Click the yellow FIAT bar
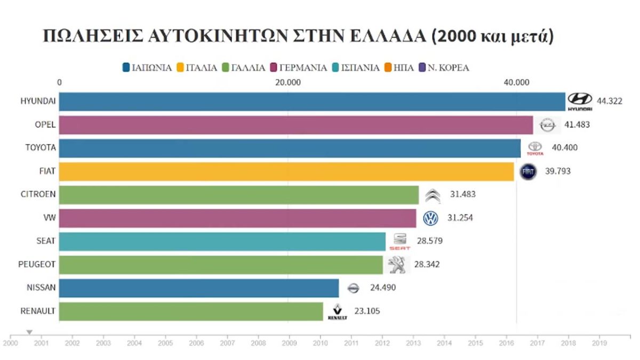286,172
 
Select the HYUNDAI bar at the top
312,101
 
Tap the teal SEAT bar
222,241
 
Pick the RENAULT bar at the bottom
191,311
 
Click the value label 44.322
610,101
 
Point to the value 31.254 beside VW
459,218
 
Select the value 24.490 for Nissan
382,288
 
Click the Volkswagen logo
430,218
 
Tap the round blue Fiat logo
528,172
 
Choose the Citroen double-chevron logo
433,195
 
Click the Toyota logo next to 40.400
535,148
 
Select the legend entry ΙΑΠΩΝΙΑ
147,68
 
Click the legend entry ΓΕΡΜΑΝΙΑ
300,68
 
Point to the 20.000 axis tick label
287,82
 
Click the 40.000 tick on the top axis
516,82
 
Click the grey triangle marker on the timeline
29,332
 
